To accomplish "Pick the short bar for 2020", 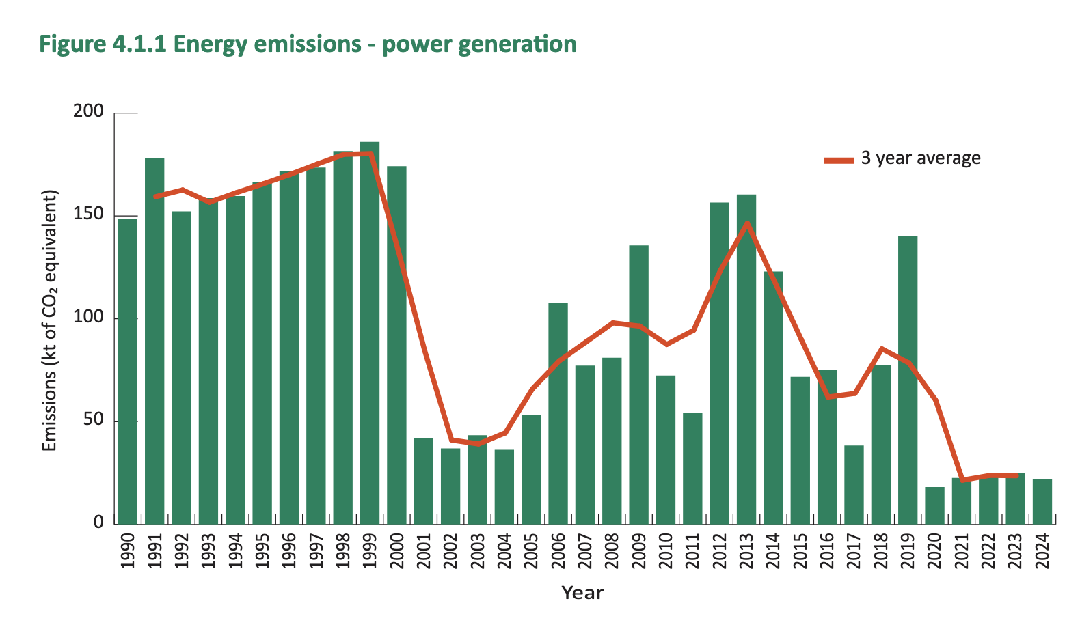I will (x=934, y=505).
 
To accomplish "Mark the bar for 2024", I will (x=1042, y=501).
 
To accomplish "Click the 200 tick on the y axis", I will (x=88, y=111).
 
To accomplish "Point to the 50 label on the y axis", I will (x=93, y=420).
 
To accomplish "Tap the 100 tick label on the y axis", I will (x=88, y=318).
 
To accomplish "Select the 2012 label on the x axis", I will (x=719, y=551).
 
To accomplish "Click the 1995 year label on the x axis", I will (x=262, y=551).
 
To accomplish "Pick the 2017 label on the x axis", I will (x=854, y=551).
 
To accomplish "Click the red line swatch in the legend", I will (x=839, y=161).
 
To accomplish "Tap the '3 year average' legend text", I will (x=921, y=158).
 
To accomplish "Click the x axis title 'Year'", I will (x=582, y=593).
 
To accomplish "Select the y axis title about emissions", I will (x=49, y=321).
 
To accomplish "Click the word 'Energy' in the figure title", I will (x=209, y=44).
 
